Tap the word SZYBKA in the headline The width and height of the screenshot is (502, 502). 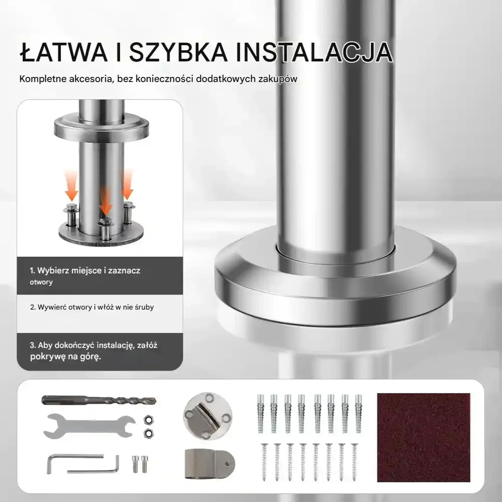point(178,53)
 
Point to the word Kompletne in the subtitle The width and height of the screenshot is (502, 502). point(43,79)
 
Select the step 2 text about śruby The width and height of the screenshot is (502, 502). point(92,307)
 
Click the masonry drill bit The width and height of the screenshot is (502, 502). point(99,400)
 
